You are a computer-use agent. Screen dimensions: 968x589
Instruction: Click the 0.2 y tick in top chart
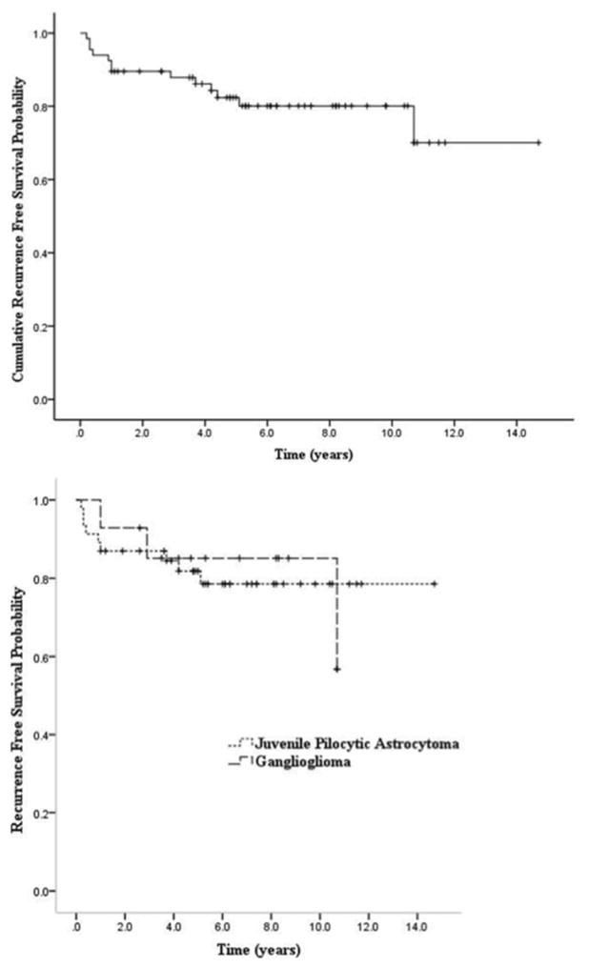tap(38, 327)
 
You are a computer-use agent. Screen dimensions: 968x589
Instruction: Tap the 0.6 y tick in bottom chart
tap(38, 657)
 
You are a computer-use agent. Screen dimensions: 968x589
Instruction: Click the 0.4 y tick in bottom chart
tap(38, 736)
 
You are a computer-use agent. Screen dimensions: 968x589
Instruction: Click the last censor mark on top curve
tap(538, 143)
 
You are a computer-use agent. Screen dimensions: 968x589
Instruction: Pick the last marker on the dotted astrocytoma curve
tap(435, 583)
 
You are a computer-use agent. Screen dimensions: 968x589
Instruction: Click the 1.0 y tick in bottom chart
tap(38, 500)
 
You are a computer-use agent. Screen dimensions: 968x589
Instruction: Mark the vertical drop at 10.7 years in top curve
tap(414, 124)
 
